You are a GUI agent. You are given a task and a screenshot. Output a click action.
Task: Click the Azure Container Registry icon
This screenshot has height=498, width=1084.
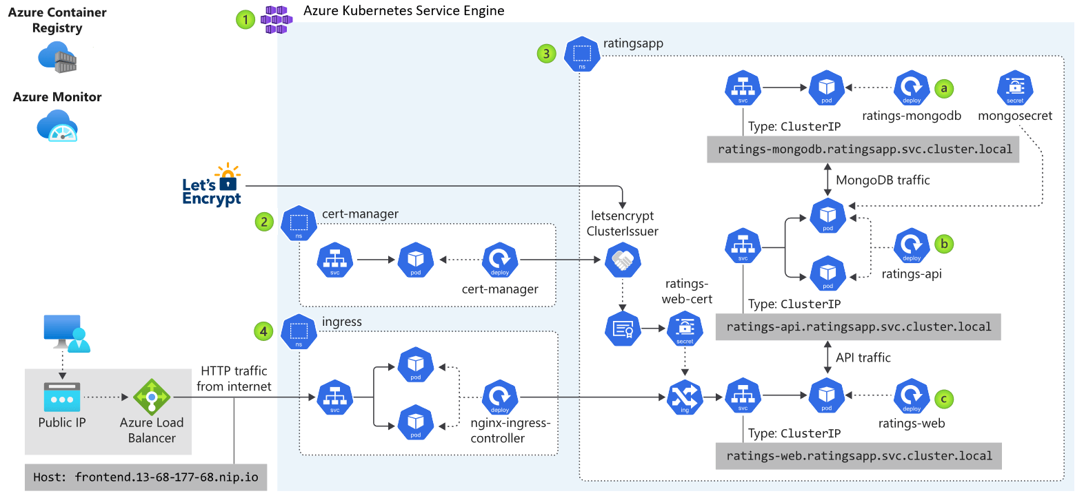point(57,57)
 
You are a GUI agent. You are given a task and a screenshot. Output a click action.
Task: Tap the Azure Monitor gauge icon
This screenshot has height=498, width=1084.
point(57,127)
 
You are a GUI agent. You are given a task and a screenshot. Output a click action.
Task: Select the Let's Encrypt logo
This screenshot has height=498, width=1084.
point(212,185)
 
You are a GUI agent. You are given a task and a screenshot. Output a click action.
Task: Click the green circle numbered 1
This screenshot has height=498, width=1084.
point(245,19)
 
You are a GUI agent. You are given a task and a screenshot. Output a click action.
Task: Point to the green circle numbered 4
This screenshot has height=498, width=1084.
point(263,331)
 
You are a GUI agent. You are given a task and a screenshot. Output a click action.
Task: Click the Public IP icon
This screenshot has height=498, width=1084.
point(62,397)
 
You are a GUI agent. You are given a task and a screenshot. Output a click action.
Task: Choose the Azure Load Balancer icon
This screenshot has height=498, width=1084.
point(152,397)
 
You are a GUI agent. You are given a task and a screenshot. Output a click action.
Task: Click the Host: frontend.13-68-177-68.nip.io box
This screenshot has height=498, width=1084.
point(145,477)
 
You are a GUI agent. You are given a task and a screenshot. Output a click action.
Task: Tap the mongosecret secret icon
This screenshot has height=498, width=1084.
point(1015,88)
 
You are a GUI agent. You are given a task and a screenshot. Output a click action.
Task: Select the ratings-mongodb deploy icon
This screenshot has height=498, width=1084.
point(912,88)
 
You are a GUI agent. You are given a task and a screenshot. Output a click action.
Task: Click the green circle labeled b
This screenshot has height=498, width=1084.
point(944,244)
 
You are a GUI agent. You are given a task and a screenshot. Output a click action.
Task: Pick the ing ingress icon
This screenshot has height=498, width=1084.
point(685,397)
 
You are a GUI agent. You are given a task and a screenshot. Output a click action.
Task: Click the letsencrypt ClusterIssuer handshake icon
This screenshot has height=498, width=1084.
point(623,260)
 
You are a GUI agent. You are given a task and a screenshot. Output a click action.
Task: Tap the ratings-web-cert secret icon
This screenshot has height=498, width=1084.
point(685,329)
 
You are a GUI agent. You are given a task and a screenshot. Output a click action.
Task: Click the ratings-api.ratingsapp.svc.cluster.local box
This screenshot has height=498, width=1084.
point(859,326)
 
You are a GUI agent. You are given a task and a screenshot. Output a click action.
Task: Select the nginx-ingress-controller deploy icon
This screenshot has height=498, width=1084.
point(500,397)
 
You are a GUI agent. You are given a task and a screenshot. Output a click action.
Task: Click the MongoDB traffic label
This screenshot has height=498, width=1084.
point(883,180)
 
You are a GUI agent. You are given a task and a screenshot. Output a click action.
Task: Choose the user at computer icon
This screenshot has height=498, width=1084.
point(66,333)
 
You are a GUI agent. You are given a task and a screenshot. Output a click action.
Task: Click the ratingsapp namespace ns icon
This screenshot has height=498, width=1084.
point(582,54)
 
